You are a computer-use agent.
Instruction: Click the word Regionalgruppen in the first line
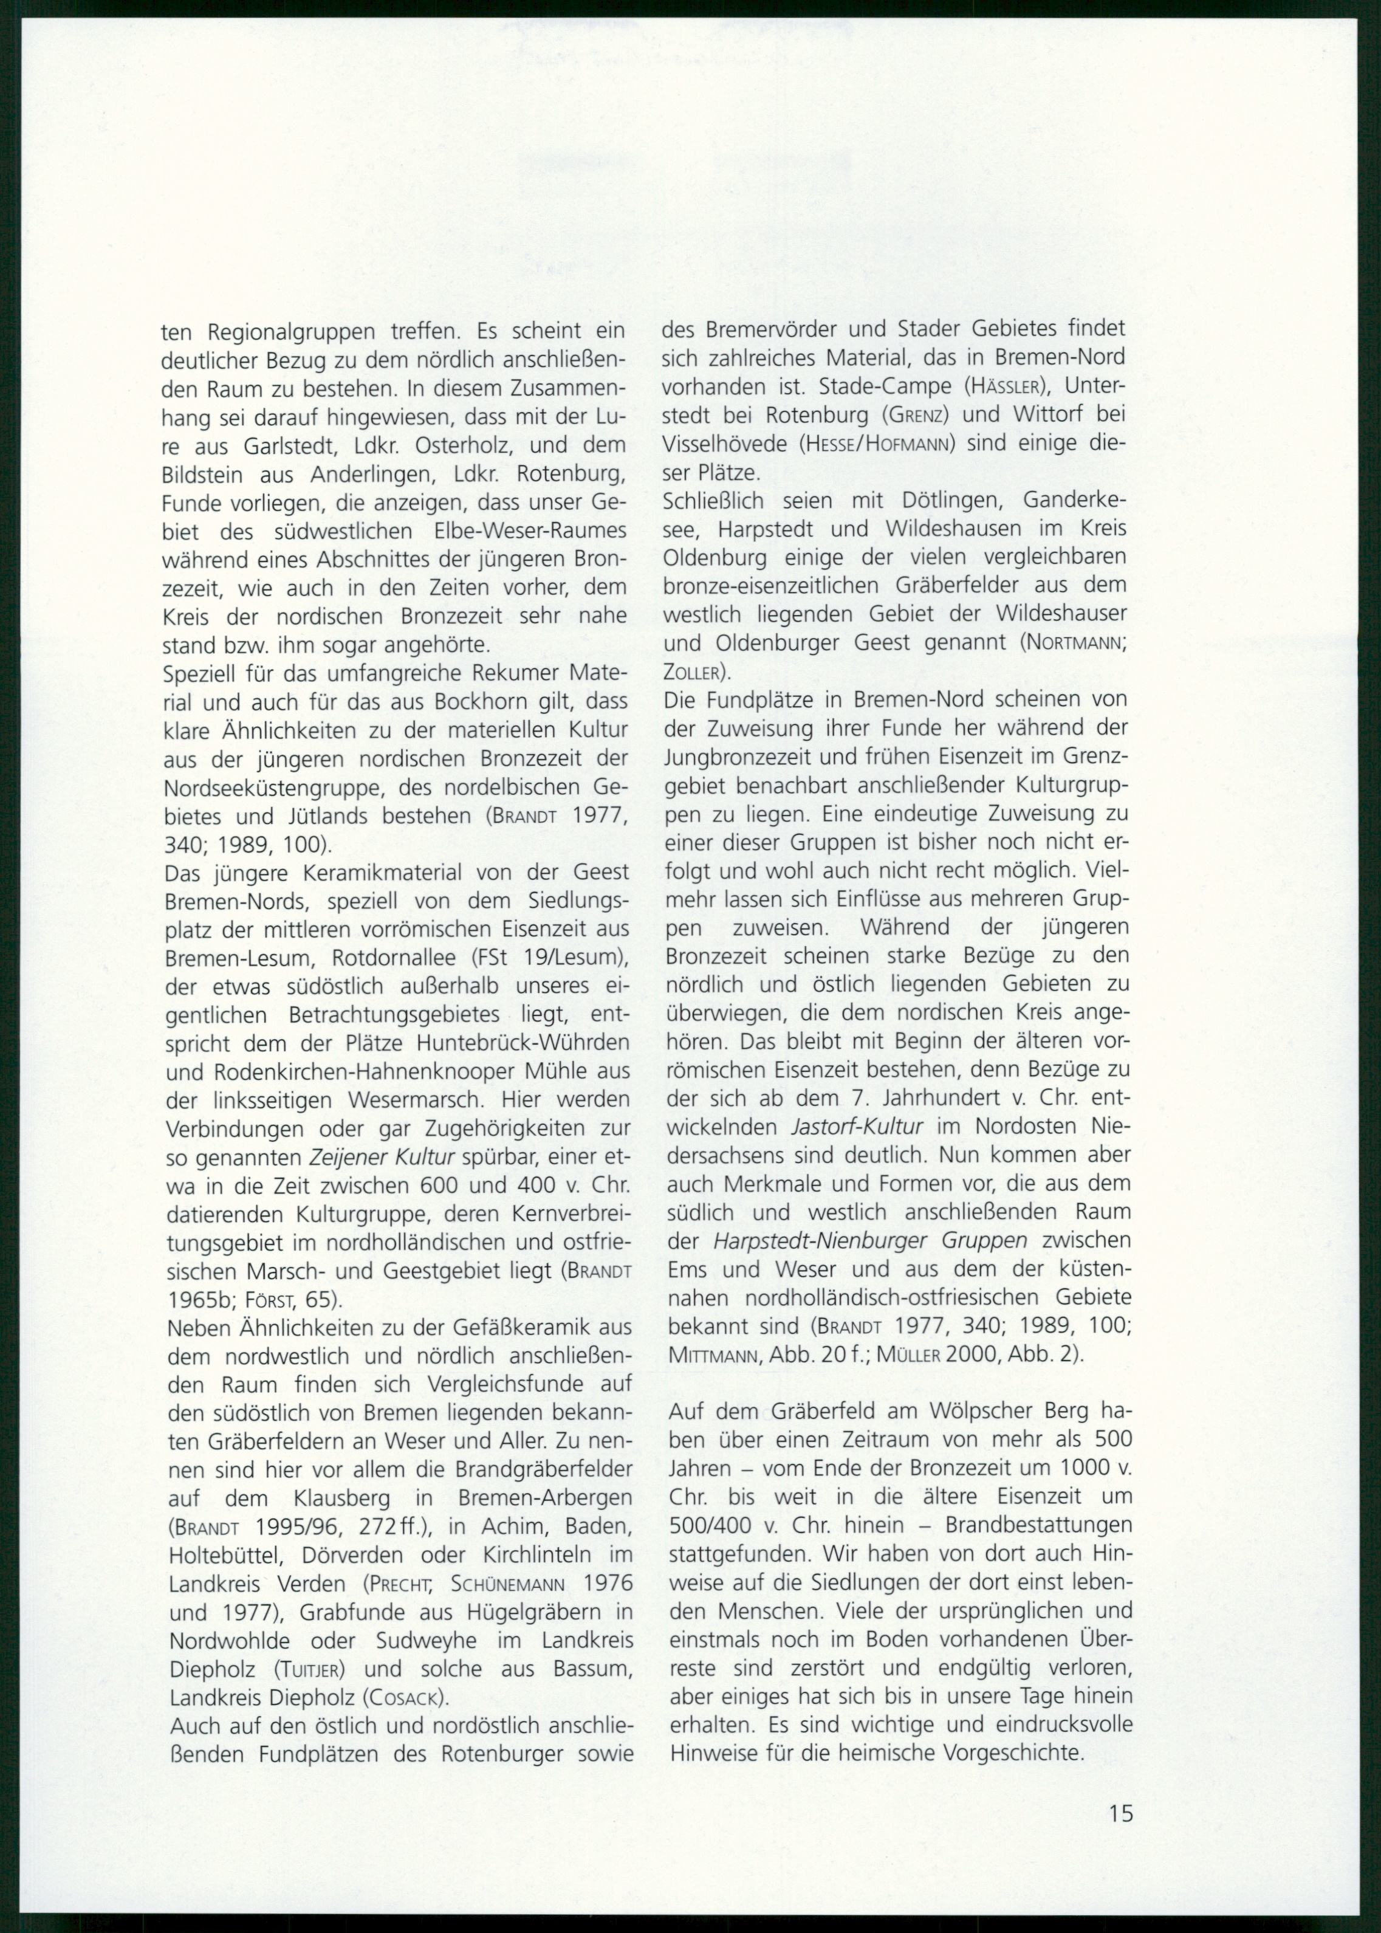(x=284, y=331)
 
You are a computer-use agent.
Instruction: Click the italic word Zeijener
(x=348, y=1158)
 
